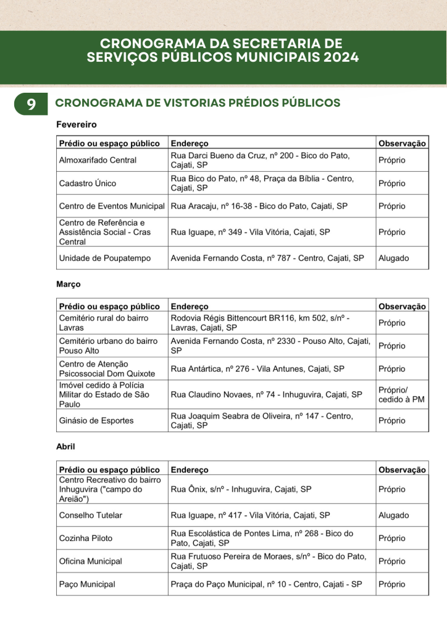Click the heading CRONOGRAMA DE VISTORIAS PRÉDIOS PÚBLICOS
pos(198,103)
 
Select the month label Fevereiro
pos(77,125)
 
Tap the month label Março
pos(69,284)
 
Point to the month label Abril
pos(65,445)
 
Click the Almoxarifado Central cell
pos(98,160)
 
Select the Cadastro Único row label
pos(87,183)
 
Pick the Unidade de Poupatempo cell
pos(104,258)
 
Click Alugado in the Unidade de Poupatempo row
pos(393,258)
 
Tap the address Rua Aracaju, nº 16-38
pos(259,206)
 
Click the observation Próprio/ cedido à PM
pos(401,394)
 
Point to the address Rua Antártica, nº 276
pos(257,368)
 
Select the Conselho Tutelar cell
pos(90,515)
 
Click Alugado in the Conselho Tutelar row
pos(393,515)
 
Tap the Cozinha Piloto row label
pos(85,538)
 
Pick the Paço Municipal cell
pos(86,584)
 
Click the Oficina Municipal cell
pos(90,561)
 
